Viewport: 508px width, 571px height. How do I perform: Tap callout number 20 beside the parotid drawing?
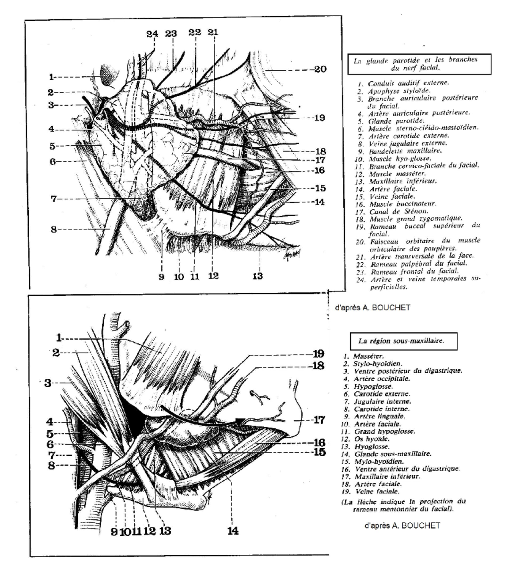[x=320, y=69]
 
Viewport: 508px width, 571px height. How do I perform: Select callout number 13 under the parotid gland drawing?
[x=258, y=277]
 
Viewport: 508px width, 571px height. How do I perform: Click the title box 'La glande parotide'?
[x=419, y=64]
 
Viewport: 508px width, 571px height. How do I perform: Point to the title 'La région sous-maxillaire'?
[x=401, y=341]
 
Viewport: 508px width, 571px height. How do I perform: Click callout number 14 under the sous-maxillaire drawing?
[x=232, y=530]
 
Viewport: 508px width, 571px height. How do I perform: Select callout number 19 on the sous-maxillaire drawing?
[x=318, y=353]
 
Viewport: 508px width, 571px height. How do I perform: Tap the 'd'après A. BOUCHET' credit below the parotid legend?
[x=373, y=308]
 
